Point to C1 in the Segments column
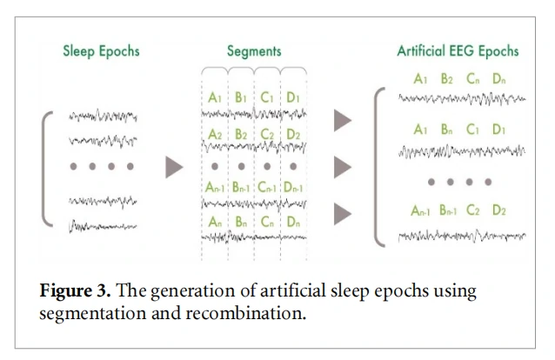(267, 98)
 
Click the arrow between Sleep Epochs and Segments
(175, 167)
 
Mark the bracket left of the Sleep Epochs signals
(48, 167)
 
